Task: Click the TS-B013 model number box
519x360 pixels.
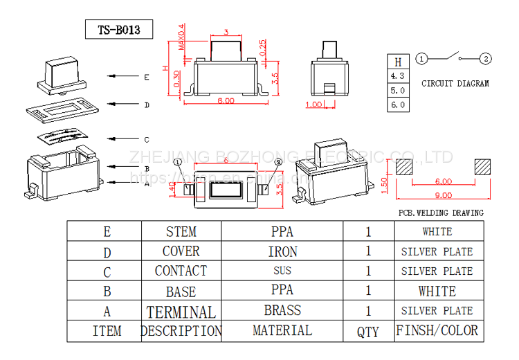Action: tap(119, 30)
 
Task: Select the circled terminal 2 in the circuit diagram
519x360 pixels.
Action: tap(486, 59)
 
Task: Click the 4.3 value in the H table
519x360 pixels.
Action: tap(398, 75)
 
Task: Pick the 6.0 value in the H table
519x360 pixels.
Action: tap(398, 105)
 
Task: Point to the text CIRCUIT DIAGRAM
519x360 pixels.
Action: tap(455, 84)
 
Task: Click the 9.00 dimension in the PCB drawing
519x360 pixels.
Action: tap(444, 195)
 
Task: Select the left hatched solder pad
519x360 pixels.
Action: tap(404, 167)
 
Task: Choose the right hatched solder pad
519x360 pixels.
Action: tap(483, 167)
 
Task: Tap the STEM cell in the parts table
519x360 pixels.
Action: tap(181, 232)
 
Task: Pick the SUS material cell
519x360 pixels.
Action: tap(282, 271)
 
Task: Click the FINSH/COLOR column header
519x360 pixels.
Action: tap(437, 330)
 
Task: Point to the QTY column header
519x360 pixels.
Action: tap(368, 332)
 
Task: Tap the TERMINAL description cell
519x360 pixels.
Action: tap(181, 312)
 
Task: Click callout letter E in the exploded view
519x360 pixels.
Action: tap(147, 78)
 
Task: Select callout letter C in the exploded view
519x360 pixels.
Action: tap(147, 139)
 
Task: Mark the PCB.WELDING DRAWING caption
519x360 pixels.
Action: tap(441, 213)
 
